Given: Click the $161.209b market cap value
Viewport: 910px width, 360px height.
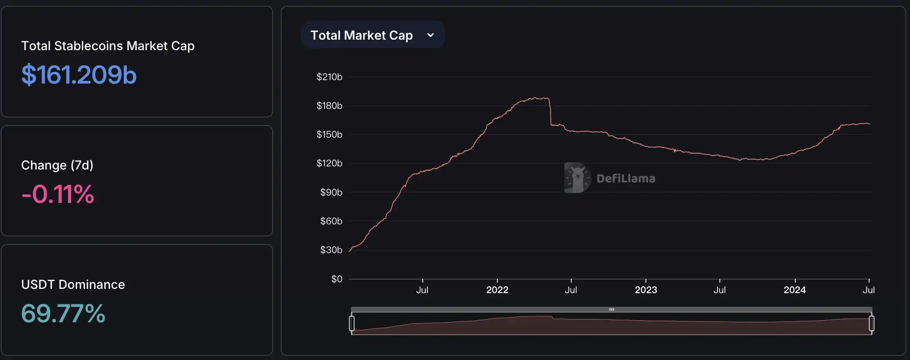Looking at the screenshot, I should coord(79,75).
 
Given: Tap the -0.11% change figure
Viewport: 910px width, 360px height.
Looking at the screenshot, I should coord(58,194).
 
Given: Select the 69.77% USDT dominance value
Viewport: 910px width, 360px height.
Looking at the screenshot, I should coord(63,313).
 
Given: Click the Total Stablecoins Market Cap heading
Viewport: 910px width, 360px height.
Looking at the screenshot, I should coord(108,46).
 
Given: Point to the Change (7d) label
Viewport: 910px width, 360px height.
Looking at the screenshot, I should coord(57,165).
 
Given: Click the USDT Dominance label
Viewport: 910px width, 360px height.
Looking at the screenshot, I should coord(73,285).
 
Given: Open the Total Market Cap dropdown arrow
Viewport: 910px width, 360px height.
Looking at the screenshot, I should coord(430,35).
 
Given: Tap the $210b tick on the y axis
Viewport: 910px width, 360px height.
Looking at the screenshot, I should coord(329,77).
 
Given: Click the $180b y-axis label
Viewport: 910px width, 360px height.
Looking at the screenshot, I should coord(329,106).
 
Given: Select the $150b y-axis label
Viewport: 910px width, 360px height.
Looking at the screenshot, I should coord(329,135).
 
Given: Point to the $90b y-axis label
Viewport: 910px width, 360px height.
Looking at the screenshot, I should coord(331,192).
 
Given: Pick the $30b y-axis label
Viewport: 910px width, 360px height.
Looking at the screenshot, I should coord(331,250).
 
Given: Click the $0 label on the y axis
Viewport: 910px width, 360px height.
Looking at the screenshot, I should coord(336,279).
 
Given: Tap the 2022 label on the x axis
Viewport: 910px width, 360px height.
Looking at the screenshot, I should coord(497,290).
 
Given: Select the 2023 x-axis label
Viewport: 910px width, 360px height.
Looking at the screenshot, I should coord(646,290).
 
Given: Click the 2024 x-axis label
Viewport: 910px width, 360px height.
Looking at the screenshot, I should coord(794,290).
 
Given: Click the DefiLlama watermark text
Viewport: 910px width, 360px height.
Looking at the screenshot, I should coord(626,178).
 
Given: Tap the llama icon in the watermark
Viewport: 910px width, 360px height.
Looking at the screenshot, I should coord(577,178).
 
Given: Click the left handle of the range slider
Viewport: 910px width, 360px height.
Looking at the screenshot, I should coord(352,323).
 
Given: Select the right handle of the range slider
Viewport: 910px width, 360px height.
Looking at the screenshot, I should coord(871,323).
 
